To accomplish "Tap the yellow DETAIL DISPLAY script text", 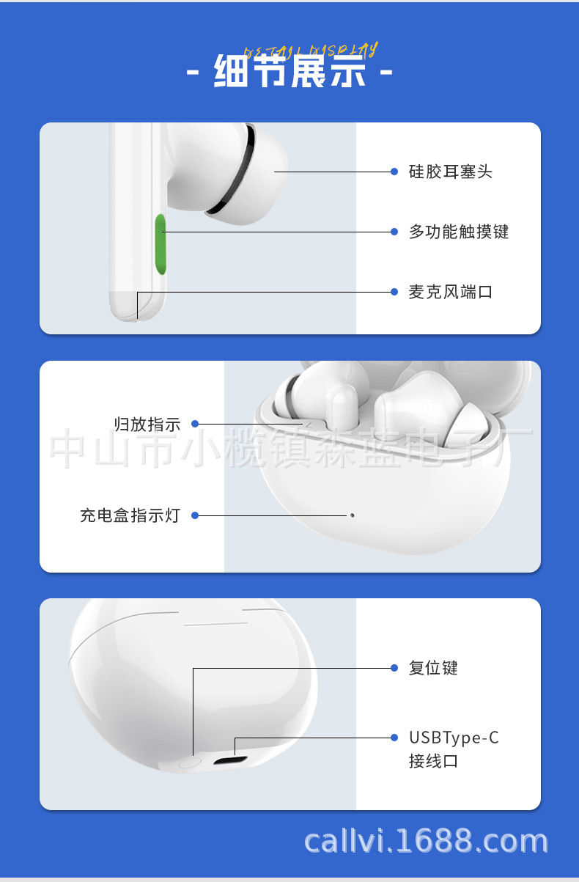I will [x=311, y=51].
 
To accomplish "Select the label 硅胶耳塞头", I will [x=450, y=172].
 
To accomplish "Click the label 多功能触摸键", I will [x=458, y=232].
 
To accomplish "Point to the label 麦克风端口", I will [x=450, y=293].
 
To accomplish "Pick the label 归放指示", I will [x=147, y=424].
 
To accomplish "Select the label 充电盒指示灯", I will [x=130, y=515].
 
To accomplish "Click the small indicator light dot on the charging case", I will [x=353, y=515].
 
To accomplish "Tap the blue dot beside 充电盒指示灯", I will [x=196, y=515].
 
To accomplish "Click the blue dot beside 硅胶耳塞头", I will [x=394, y=172].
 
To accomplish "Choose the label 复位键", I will [x=433, y=668].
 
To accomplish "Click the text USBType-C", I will [x=454, y=738].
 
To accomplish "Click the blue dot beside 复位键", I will [x=394, y=668].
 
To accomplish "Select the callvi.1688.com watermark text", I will [x=426, y=842].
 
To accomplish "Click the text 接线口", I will [x=433, y=761].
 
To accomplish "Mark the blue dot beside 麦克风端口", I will [x=394, y=292].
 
